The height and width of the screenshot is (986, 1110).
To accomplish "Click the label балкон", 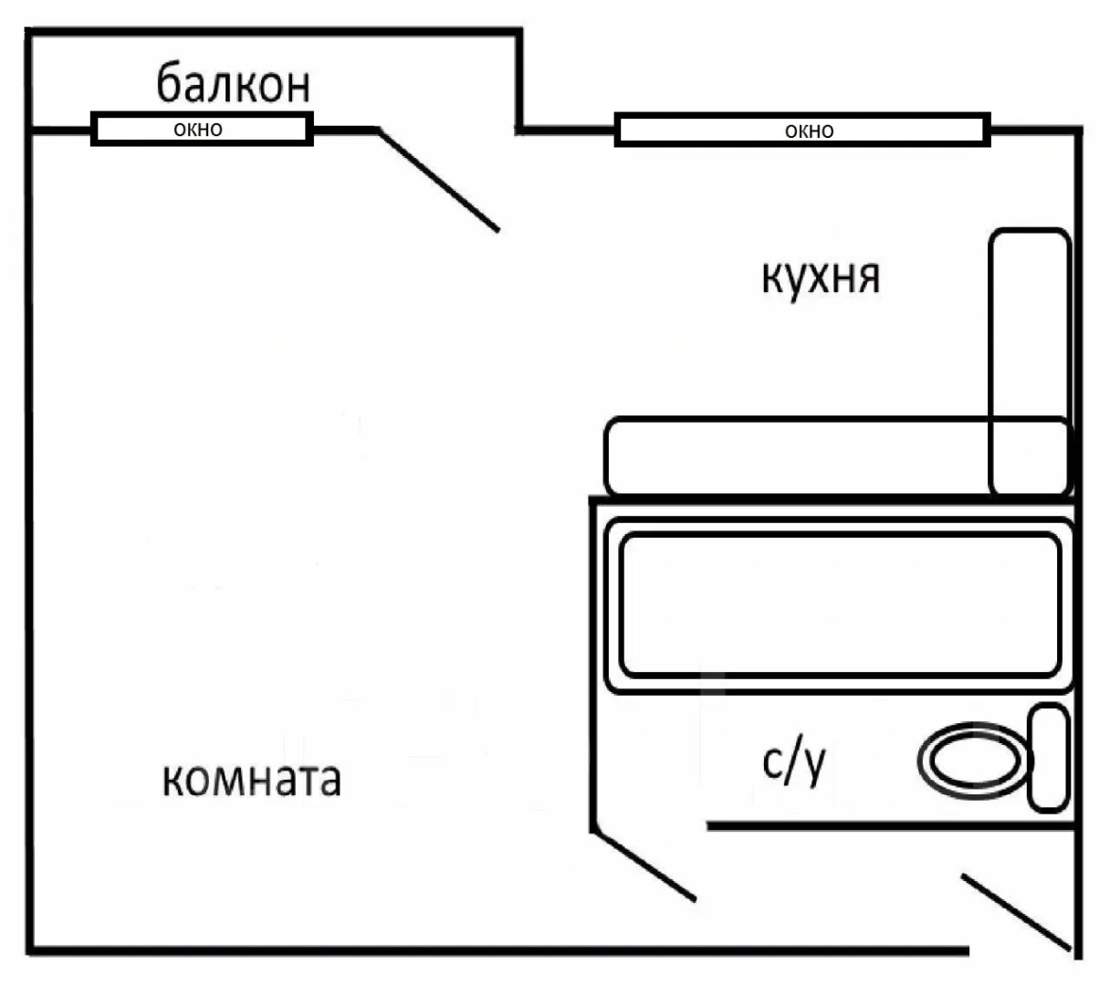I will click(234, 83).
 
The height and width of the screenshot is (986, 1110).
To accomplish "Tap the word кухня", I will click(820, 276).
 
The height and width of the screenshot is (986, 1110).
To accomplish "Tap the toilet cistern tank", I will click(1048, 758).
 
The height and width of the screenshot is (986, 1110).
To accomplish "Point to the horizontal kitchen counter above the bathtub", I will click(794, 456).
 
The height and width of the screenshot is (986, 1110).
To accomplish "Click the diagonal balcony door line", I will click(439, 180).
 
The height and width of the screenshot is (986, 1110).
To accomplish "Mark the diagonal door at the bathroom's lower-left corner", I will click(644, 865).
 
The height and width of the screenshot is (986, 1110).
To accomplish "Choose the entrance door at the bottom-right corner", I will click(1015, 912).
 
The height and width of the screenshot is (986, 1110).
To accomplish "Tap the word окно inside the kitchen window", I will click(809, 131).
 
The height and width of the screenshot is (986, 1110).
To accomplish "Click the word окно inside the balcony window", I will click(198, 129).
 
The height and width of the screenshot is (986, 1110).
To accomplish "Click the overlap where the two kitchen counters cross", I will click(1029, 456).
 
